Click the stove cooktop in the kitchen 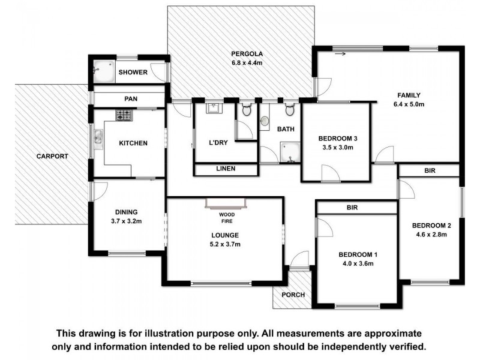(x=124, y=115)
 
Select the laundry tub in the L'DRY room (x=213, y=109)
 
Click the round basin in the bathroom (x=265, y=122)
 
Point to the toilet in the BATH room (x=289, y=110)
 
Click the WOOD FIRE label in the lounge (x=226, y=217)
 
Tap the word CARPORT (x=52, y=157)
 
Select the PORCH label (x=293, y=295)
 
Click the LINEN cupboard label (x=225, y=169)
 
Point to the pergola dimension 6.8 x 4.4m (x=248, y=63)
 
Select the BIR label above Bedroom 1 (x=353, y=207)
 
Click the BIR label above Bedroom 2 (x=430, y=171)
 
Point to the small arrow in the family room (x=341, y=55)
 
